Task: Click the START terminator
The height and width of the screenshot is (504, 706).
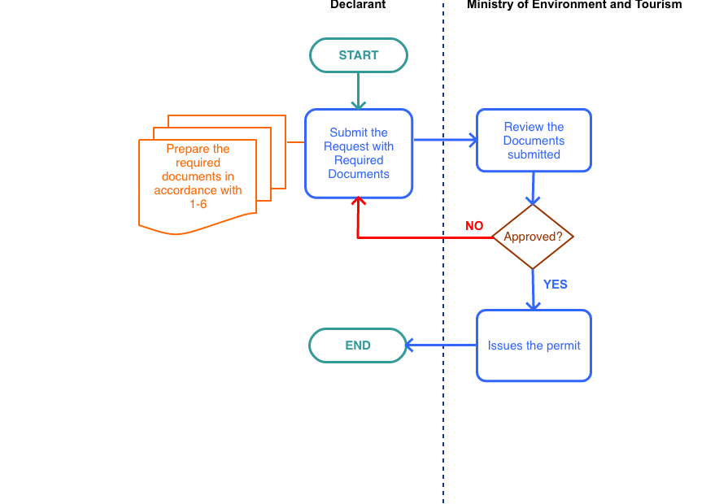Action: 358,55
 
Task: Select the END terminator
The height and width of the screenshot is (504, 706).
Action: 358,345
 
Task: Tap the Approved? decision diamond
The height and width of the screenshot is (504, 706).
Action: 533,237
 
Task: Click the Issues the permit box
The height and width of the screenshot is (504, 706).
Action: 534,345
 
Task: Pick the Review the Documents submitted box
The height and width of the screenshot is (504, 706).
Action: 534,141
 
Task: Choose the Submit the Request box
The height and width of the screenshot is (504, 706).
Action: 359,154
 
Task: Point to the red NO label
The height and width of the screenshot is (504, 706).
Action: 474,226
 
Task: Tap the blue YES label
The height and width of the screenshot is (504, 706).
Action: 556,285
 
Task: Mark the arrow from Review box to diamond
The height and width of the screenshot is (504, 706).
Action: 533,188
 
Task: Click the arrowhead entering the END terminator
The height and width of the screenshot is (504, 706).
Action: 410,345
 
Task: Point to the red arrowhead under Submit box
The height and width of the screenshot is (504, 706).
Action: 358,203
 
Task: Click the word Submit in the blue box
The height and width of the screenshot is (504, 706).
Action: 347,133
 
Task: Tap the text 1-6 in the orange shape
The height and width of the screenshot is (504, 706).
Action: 198,204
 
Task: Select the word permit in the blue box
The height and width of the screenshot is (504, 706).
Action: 564,345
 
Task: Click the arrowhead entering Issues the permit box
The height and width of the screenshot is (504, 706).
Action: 533,305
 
